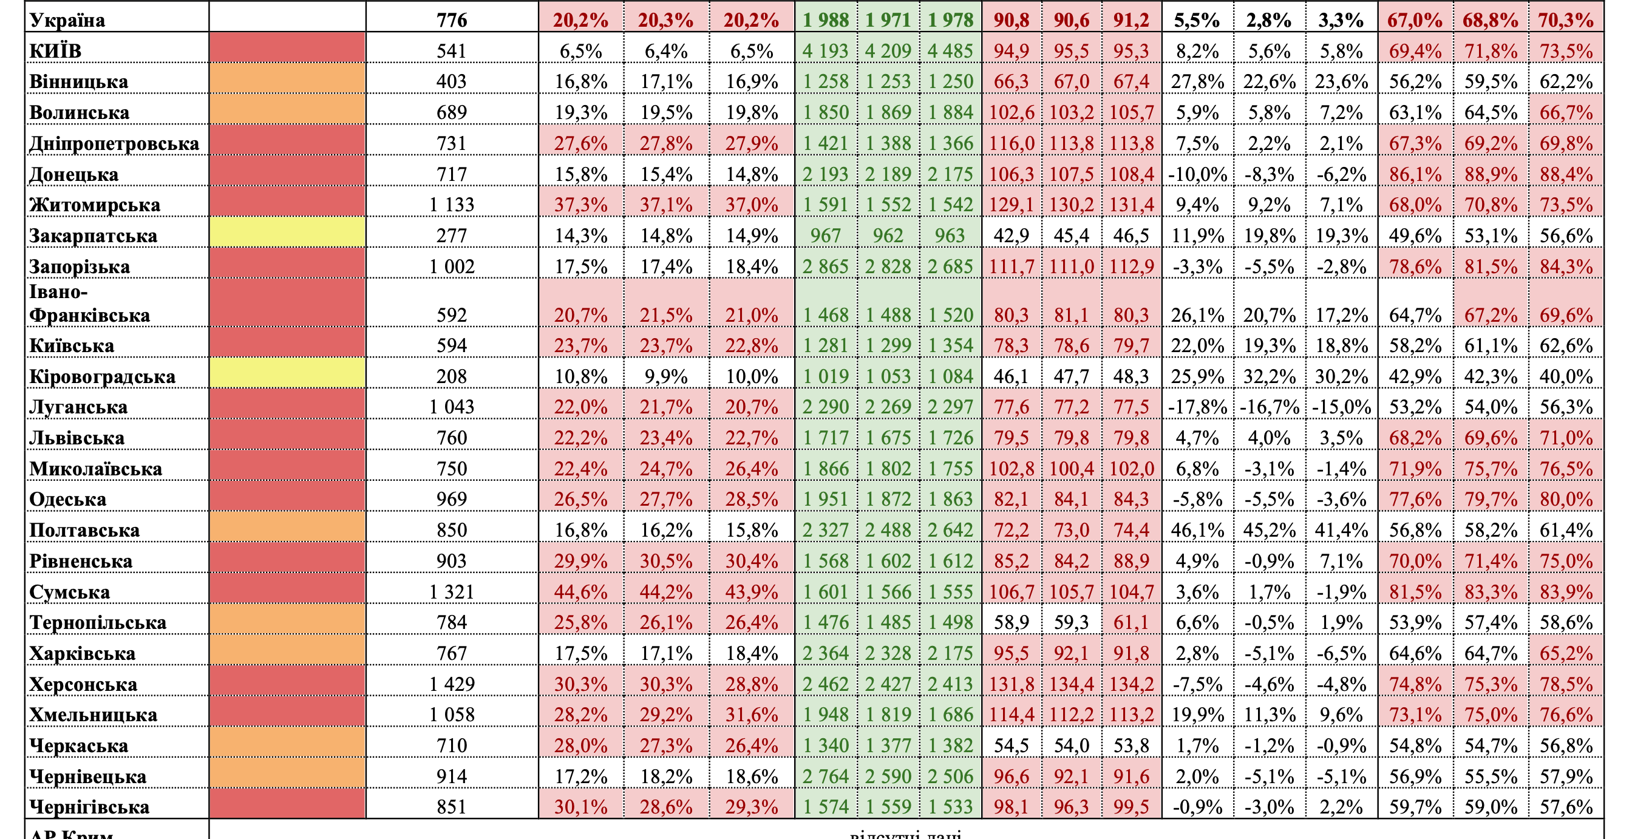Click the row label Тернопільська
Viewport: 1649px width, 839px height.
tap(98, 622)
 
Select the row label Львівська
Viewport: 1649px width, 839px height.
tap(77, 438)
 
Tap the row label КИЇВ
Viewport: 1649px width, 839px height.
tap(56, 50)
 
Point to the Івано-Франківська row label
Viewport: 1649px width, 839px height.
tap(90, 304)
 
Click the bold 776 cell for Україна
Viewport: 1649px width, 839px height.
tap(451, 20)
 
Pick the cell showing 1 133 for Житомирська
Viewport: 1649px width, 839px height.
tap(451, 205)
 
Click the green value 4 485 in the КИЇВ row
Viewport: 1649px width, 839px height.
tap(950, 50)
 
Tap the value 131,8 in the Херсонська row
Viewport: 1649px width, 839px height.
tap(1011, 684)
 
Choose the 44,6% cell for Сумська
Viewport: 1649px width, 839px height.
tap(580, 592)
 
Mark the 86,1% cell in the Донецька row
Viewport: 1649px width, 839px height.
tap(1415, 174)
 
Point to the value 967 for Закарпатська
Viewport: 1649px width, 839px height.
tap(825, 236)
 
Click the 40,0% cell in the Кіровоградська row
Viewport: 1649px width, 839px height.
tap(1566, 376)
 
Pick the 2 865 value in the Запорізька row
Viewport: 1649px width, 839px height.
tap(825, 267)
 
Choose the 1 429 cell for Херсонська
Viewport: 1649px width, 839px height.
tap(451, 684)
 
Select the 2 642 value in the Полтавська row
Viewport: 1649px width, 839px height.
tap(950, 530)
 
